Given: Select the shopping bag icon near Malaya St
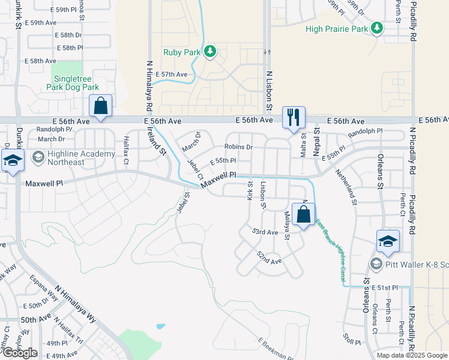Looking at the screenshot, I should [x=304, y=214].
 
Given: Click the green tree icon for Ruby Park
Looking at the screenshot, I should [x=210, y=52].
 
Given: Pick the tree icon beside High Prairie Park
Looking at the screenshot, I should [x=377, y=28].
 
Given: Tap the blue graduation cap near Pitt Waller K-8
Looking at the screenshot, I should [x=388, y=241].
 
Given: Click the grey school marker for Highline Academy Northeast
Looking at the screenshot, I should [x=38, y=157].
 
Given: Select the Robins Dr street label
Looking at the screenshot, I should [x=239, y=146].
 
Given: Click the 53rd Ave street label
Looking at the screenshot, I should [x=265, y=232].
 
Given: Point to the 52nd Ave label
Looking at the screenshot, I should [x=269, y=258].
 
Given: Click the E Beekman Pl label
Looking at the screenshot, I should [x=276, y=349].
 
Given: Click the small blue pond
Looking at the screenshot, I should [x=161, y=327].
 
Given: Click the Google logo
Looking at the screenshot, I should [x=20, y=353].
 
